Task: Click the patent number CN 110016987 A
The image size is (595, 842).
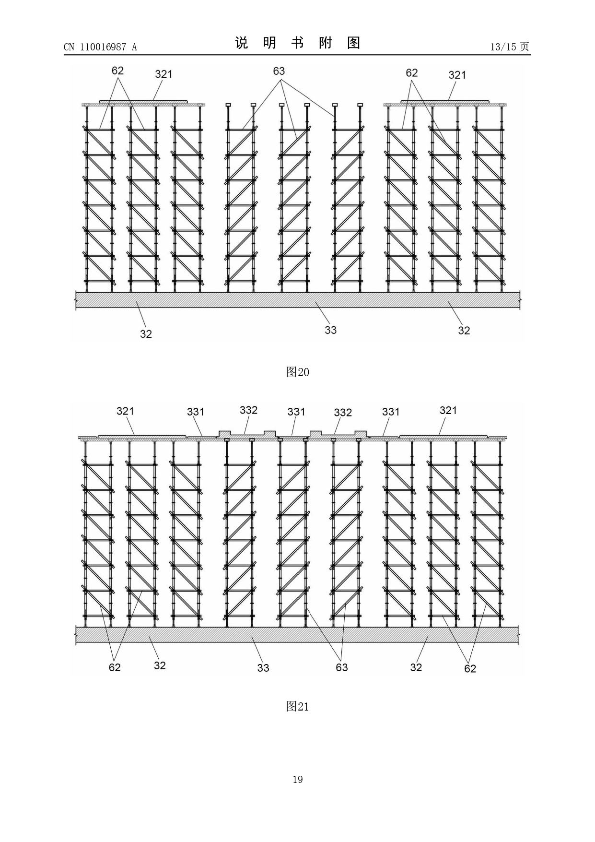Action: (x=100, y=47)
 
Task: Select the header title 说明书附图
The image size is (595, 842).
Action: (x=297, y=43)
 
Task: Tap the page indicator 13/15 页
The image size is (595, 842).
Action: (x=510, y=47)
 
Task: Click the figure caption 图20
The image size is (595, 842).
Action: (x=297, y=372)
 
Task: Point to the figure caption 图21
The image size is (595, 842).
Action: (x=297, y=706)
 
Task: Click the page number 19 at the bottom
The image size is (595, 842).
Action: (x=298, y=780)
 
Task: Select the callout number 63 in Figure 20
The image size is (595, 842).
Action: (x=279, y=71)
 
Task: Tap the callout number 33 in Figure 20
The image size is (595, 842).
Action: (x=331, y=330)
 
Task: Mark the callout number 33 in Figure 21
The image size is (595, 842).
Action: (x=263, y=667)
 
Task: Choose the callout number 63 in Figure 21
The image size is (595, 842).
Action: (x=342, y=667)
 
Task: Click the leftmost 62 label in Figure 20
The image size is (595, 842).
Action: (x=117, y=71)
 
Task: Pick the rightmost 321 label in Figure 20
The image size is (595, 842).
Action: (x=457, y=75)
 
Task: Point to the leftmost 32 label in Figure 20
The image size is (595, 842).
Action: (x=146, y=334)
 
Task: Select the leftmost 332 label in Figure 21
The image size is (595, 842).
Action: (x=249, y=410)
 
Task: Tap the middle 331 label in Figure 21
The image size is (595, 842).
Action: (x=296, y=412)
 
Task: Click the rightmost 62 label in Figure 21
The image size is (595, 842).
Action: (x=470, y=668)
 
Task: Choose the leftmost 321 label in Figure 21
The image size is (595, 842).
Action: (x=126, y=411)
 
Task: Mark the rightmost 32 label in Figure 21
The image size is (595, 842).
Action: (x=416, y=667)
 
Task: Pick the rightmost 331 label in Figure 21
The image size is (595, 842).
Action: (x=391, y=412)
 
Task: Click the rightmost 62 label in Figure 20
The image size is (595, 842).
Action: (x=412, y=72)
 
